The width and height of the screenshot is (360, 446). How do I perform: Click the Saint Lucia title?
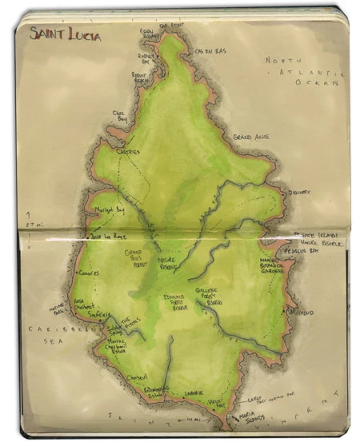click(65, 35)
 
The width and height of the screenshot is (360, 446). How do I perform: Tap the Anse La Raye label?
click(105, 237)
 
